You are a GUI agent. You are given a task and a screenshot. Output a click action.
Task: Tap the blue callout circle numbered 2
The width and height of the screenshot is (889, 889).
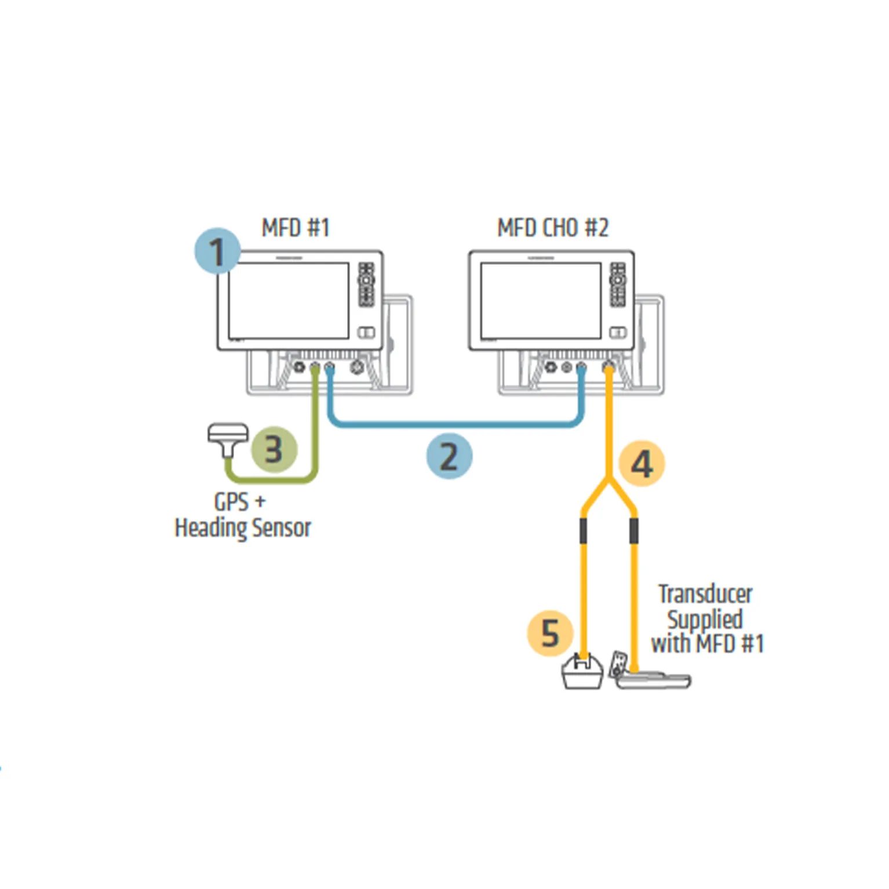(x=449, y=456)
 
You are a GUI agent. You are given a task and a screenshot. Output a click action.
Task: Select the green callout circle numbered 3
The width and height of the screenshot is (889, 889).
(x=274, y=450)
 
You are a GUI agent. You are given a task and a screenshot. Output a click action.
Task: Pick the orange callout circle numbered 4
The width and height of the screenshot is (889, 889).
(x=642, y=464)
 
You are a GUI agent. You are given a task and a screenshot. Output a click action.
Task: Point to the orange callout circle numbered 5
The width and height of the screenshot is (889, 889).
(x=550, y=632)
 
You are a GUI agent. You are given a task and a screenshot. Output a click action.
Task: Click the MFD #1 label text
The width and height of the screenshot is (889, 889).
(x=296, y=228)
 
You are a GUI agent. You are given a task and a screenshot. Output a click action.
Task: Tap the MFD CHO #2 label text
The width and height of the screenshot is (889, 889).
(x=553, y=228)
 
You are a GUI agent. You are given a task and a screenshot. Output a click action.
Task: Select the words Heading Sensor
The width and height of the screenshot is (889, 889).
(x=243, y=528)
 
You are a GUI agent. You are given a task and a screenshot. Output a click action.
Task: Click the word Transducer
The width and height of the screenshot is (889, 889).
(x=705, y=594)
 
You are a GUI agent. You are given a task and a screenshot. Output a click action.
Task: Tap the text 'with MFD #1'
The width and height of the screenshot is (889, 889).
(x=707, y=644)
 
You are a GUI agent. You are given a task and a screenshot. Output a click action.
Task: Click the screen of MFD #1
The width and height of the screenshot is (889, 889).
(x=288, y=300)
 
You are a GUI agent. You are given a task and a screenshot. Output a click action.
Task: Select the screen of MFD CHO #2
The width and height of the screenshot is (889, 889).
(x=540, y=300)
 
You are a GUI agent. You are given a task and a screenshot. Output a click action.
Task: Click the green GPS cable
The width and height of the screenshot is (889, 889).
(x=272, y=480)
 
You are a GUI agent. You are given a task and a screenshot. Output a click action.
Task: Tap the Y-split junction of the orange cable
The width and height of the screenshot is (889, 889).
(x=608, y=480)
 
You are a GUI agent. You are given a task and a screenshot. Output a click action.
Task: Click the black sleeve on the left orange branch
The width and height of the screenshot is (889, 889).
(x=583, y=530)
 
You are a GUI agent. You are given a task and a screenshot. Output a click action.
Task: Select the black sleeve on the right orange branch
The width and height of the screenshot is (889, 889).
(x=634, y=530)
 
